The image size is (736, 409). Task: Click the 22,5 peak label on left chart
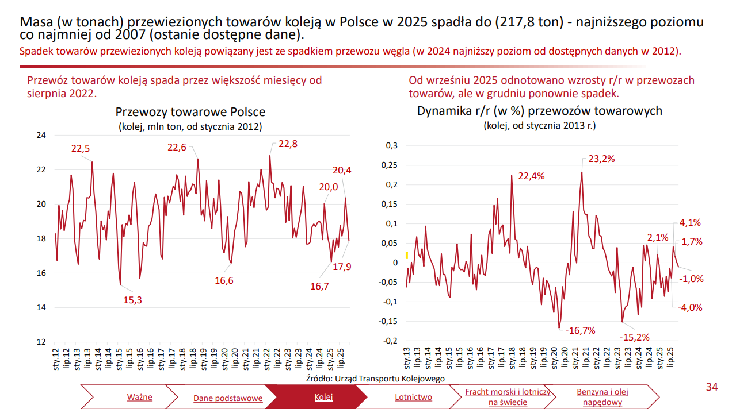tap(81, 148)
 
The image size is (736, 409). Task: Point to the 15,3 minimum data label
tap(133, 299)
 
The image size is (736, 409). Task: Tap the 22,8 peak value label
tap(288, 144)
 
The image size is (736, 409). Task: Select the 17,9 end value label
tap(342, 266)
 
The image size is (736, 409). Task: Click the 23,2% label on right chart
tap(602, 159)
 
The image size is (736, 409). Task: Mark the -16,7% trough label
tap(580, 330)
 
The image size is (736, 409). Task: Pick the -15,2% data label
tap(634, 337)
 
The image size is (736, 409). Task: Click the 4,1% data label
tap(690, 223)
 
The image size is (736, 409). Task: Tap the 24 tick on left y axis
tap(41, 136)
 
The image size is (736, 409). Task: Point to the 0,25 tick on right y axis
tap(390, 165)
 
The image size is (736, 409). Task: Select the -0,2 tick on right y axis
tap(390, 341)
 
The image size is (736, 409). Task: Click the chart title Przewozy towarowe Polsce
tap(190, 112)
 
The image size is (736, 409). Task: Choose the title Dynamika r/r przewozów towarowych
tap(539, 110)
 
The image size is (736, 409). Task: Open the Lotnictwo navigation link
tap(413, 397)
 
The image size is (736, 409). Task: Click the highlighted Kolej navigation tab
tap(323, 397)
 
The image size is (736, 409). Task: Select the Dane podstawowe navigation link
tap(228, 398)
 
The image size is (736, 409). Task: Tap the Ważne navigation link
tap(139, 397)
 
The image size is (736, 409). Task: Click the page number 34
tap(712, 388)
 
